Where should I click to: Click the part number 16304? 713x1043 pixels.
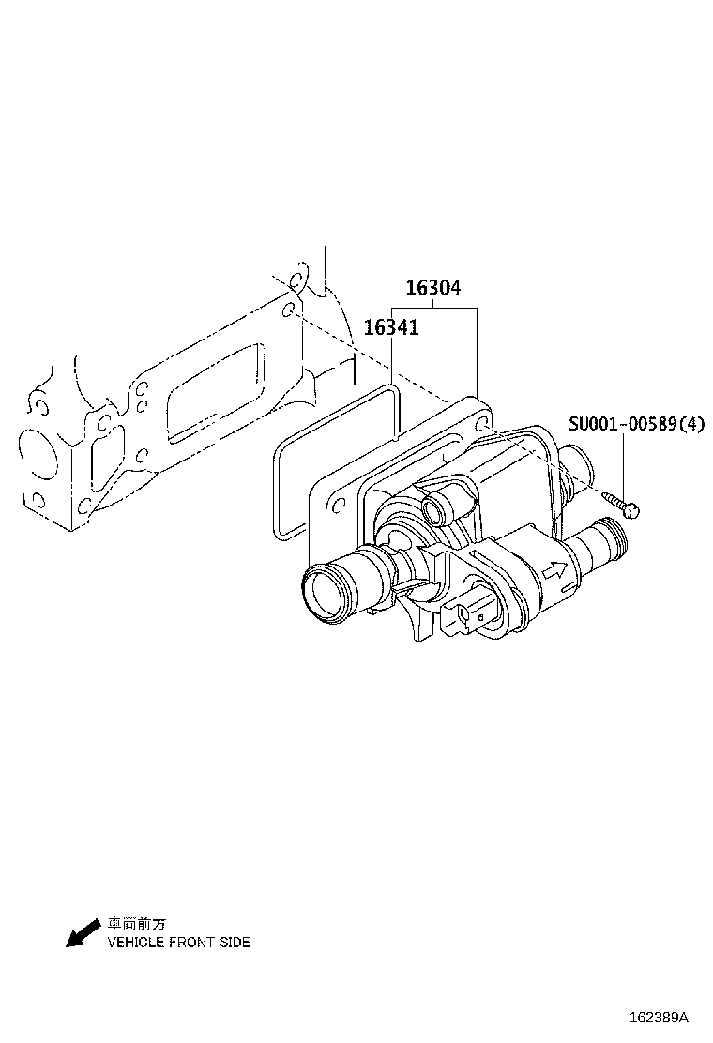pos(433,287)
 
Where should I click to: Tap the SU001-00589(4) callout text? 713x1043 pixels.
pos(636,423)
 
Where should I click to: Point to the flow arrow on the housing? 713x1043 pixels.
pos(554,570)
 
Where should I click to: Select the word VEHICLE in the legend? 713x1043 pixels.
pos(135,942)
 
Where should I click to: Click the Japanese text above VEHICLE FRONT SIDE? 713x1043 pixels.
pos(137,923)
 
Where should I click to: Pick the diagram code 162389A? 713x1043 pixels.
pos(659,1018)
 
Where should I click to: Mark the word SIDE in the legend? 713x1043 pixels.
pos(235,942)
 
